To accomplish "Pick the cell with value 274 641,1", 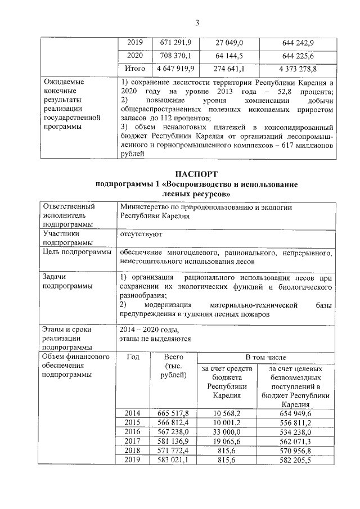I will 229,69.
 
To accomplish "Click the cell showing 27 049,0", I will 229,43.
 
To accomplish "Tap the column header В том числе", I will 265,357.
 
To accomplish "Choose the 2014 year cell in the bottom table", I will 134,413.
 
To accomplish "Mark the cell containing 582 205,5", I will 297,459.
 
